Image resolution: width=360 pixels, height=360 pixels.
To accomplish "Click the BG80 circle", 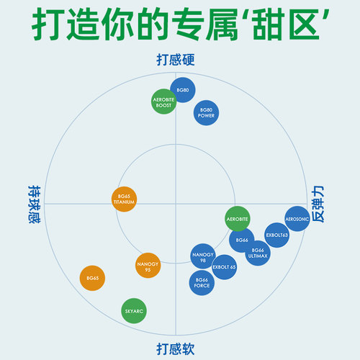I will pos(184,90).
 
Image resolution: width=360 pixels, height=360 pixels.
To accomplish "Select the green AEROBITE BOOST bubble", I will pos(164,101).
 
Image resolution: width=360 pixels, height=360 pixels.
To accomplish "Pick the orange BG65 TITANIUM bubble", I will pos(124,199).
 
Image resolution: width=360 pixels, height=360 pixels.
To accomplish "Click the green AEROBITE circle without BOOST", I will pos(238,218).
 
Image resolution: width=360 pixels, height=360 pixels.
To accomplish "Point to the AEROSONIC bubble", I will pos(297,218).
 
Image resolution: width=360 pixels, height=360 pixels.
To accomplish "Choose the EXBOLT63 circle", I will pos(277,235).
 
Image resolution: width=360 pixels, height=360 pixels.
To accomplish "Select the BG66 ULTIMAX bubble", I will pos(258,252).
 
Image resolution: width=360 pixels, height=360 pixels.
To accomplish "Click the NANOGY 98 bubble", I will pos(203,256).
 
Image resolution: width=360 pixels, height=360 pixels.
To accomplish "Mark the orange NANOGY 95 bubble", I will pos(148,266).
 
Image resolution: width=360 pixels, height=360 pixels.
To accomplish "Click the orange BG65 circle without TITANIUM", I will pos(92,278).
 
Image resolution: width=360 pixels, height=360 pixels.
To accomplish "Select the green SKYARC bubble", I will pos(134,310).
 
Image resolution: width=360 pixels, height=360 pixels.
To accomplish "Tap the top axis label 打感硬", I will pos(176,60).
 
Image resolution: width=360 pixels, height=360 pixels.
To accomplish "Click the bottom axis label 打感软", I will pos(176,349).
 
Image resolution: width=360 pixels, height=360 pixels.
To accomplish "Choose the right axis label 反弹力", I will pos(318,204).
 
